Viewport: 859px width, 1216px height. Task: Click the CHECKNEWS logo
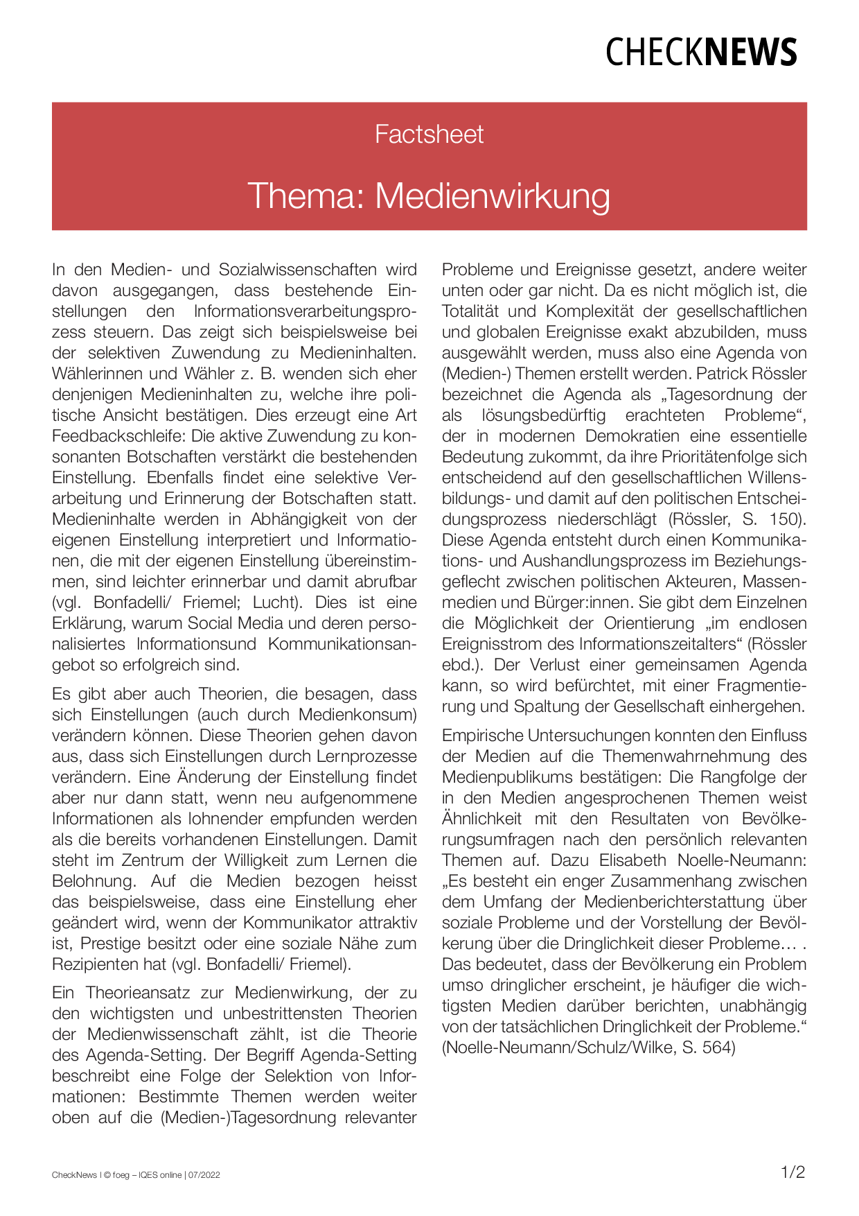click(x=701, y=53)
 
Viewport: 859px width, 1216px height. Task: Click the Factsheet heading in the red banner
click(x=429, y=134)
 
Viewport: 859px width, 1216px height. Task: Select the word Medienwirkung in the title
click(x=493, y=196)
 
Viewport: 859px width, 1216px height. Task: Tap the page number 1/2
click(x=792, y=1172)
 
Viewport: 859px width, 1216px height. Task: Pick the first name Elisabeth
click(x=634, y=860)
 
